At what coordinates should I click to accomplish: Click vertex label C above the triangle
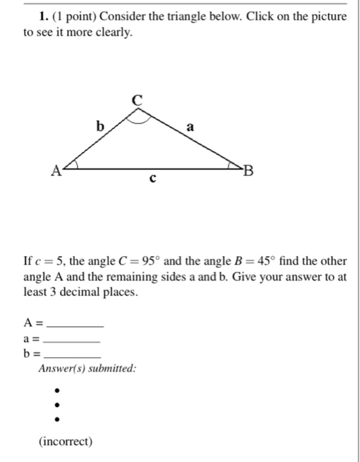(x=136, y=100)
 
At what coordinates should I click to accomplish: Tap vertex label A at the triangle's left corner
(x=57, y=172)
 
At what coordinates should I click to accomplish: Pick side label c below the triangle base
(x=153, y=178)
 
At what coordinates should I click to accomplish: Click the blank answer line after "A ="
(x=76, y=326)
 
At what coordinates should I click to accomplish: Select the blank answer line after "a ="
(x=75, y=341)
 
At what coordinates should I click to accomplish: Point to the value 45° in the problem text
(x=256, y=261)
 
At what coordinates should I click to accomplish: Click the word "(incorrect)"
(x=66, y=441)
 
